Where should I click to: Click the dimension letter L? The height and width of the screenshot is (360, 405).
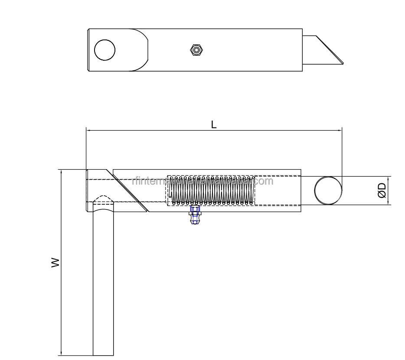click(214, 124)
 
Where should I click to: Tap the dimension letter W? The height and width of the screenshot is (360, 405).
click(55, 262)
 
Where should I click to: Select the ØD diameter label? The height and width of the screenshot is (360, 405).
click(382, 190)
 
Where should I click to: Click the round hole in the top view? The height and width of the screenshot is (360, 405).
click(105, 50)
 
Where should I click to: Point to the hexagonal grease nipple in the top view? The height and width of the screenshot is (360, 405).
click(197, 50)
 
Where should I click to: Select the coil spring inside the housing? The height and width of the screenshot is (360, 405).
click(212, 190)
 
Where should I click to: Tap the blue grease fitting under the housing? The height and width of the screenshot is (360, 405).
click(196, 215)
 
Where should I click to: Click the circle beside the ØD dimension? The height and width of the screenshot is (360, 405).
click(328, 190)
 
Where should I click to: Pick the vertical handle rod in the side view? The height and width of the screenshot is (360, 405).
click(103, 282)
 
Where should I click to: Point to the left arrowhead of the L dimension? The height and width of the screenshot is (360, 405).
click(88, 130)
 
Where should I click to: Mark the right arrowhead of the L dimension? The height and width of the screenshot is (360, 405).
click(340, 130)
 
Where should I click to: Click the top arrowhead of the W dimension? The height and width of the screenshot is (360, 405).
click(61, 172)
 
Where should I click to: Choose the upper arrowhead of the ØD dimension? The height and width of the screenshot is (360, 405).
click(387, 178)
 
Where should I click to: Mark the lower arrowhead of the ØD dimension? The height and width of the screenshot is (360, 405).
click(387, 203)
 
